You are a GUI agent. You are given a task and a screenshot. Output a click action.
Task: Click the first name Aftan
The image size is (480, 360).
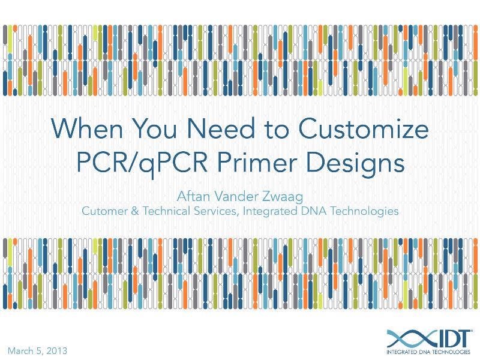tap(193, 196)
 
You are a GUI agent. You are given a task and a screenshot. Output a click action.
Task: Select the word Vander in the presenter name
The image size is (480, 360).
tap(238, 196)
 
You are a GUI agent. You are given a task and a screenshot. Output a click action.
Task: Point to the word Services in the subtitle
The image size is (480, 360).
tap(208, 211)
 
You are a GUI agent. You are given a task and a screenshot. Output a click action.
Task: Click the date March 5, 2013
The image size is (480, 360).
tap(37, 350)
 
